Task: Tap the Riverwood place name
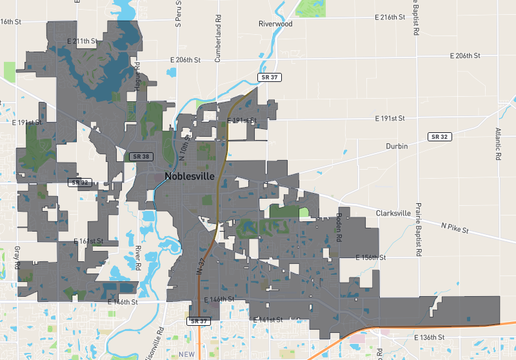(275, 24)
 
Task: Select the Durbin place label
(397, 146)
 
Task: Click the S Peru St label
(177, 22)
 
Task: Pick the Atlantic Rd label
(496, 144)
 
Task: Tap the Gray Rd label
(17, 258)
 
